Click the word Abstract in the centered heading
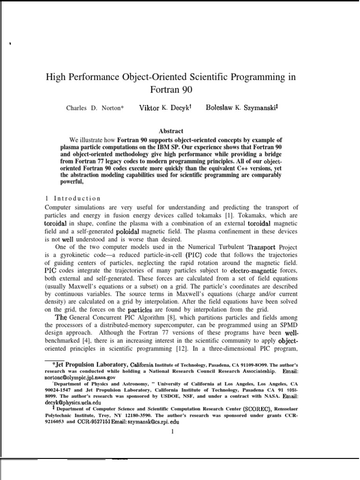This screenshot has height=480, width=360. tap(171, 131)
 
